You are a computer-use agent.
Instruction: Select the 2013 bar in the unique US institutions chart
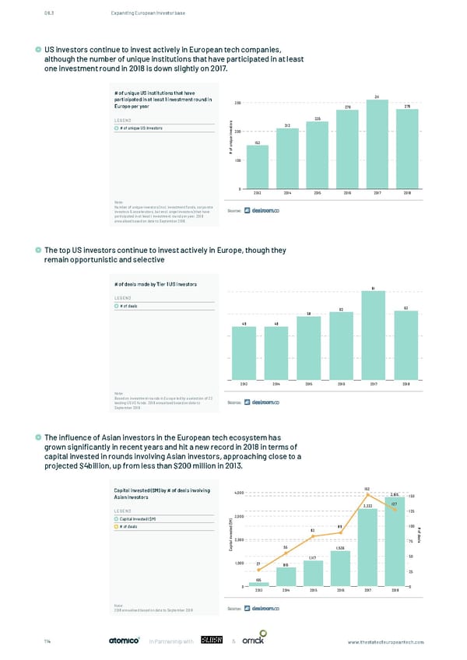click(x=257, y=167)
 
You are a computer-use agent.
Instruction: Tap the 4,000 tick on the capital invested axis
click(x=240, y=492)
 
